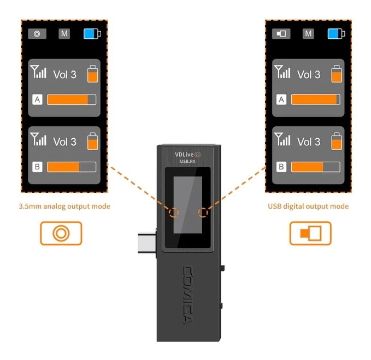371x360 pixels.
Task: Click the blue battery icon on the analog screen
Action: pyautogui.click(x=92, y=33)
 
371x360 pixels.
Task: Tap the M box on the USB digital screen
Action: pyautogui.click(x=308, y=33)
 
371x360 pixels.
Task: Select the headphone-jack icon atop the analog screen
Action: pyautogui.click(x=37, y=33)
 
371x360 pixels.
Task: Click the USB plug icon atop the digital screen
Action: pyautogui.click(x=281, y=33)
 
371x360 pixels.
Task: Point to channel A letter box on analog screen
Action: pyautogui.click(x=37, y=99)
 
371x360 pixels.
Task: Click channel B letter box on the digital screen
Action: pyautogui.click(x=281, y=167)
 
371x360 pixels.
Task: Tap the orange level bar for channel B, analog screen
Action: pyautogui.click(x=63, y=167)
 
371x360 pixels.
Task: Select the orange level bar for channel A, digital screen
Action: pyautogui.click(x=314, y=99)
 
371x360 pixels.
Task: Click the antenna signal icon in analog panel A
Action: pyautogui.click(x=38, y=72)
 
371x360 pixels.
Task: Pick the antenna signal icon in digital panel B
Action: pyautogui.click(x=282, y=139)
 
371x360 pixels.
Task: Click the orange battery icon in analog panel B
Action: pyautogui.click(x=92, y=141)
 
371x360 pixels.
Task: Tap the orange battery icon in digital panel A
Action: pyautogui.click(x=337, y=74)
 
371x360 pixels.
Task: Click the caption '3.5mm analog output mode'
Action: pyautogui.click(x=64, y=206)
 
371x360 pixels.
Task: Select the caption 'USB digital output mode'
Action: pyautogui.click(x=308, y=206)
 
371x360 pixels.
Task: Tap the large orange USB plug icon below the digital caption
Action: pyautogui.click(x=310, y=233)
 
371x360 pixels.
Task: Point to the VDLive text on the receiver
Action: pyautogui.click(x=184, y=155)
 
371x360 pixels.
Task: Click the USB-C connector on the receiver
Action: pyautogui.click(x=147, y=243)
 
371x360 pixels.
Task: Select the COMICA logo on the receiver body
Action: pyautogui.click(x=189, y=295)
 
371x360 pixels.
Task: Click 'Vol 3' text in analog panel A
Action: pyautogui.click(x=65, y=74)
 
